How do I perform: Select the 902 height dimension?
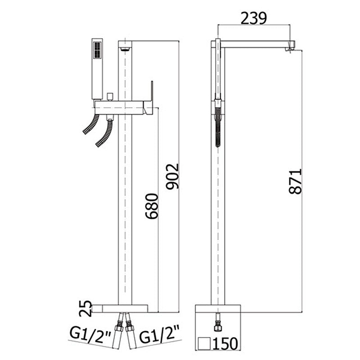(x=172, y=176)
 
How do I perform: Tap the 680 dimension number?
(x=152, y=206)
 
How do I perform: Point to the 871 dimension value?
(x=296, y=181)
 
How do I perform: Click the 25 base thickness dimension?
(x=85, y=308)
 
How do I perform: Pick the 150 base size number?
(x=225, y=343)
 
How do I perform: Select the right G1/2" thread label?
(x=159, y=336)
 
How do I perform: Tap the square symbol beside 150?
(x=205, y=344)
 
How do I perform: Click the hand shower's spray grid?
(x=97, y=50)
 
